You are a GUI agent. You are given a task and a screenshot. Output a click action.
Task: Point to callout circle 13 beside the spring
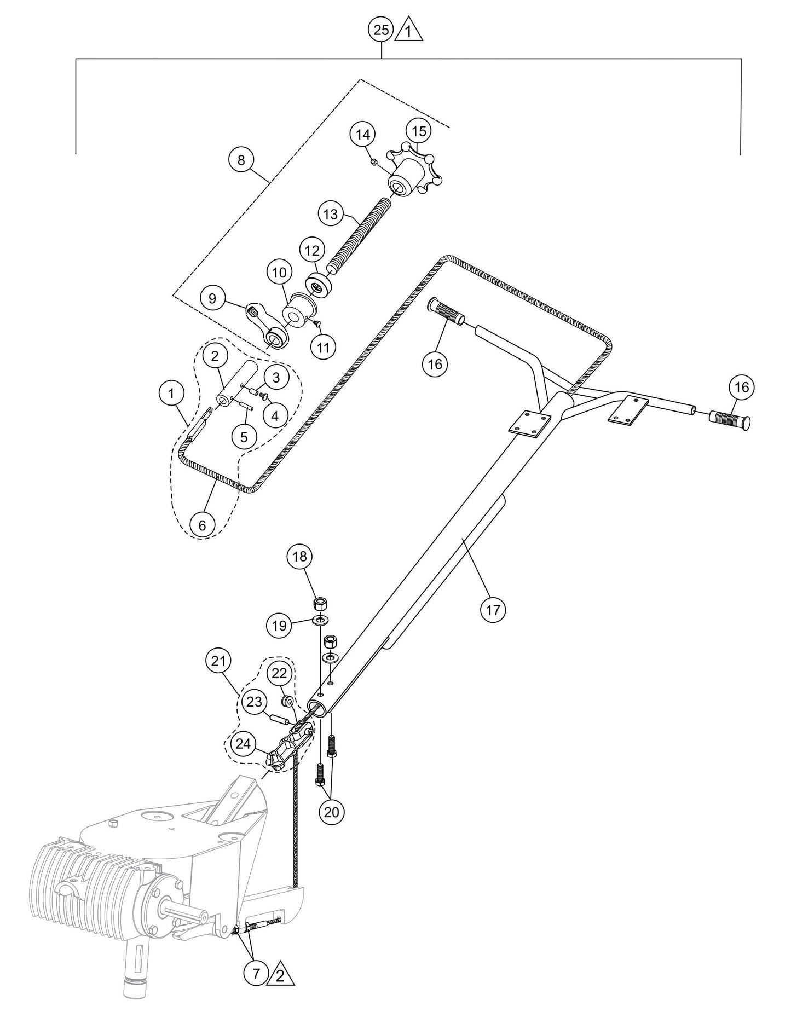point(331,215)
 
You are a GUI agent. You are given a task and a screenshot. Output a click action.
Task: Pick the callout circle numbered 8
point(241,160)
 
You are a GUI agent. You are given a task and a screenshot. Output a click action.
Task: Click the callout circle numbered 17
point(493,609)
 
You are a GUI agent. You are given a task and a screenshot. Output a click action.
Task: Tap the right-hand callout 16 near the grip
point(741,387)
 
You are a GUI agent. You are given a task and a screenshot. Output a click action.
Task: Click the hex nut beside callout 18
point(320,605)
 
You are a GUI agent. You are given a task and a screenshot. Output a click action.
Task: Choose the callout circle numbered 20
point(332,812)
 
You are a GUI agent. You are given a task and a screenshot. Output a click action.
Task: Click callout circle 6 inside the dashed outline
point(203,525)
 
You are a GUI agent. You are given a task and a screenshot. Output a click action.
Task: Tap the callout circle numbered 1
point(172,393)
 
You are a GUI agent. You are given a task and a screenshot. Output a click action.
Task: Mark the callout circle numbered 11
point(324,347)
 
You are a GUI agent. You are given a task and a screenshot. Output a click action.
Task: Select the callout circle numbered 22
point(279,674)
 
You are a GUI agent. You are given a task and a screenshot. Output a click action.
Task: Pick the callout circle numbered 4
point(275,416)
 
